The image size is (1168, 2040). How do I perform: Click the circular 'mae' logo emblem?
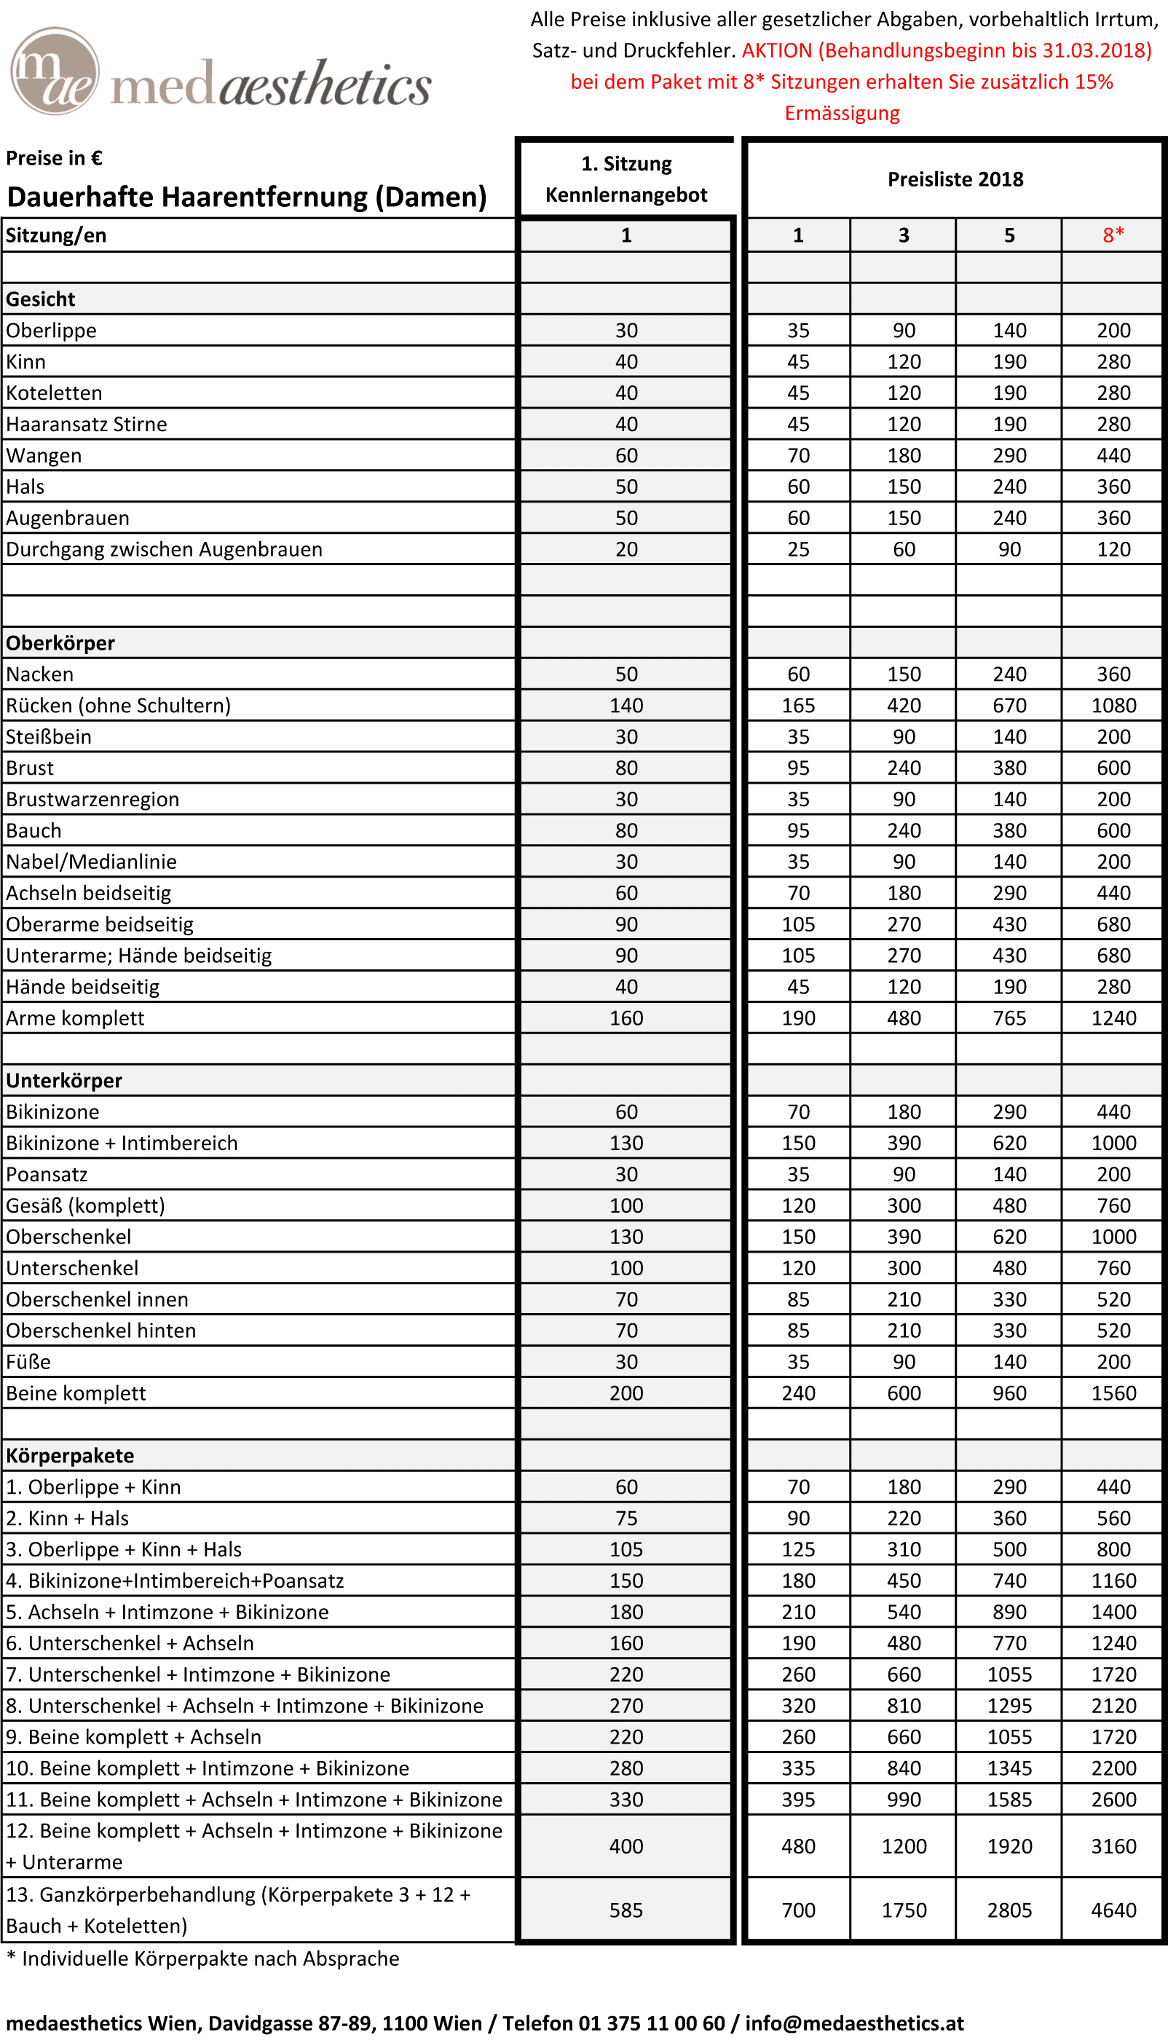pyautogui.click(x=55, y=71)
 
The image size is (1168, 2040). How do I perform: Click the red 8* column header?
pyautogui.click(x=1113, y=235)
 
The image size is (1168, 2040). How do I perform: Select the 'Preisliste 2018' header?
pyautogui.click(x=955, y=179)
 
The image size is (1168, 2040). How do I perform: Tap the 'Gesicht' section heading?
pyautogui.click(x=40, y=299)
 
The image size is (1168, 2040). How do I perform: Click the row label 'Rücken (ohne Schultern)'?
pyautogui.click(x=118, y=705)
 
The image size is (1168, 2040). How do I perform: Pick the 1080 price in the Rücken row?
pyautogui.click(x=1113, y=705)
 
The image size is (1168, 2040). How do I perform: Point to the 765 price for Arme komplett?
pyautogui.click(x=1009, y=1018)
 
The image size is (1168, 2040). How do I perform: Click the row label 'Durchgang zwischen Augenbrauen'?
pyautogui.click(x=164, y=549)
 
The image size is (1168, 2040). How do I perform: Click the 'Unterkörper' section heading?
pyautogui.click(x=64, y=1081)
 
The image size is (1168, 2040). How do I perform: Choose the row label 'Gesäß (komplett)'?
pyautogui.click(x=85, y=1205)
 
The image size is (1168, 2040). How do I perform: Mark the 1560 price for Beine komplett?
pyautogui.click(x=1113, y=1393)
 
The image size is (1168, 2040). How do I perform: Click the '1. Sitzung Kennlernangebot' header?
pyautogui.click(x=626, y=179)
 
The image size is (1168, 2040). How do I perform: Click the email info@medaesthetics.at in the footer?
pyautogui.click(x=854, y=2023)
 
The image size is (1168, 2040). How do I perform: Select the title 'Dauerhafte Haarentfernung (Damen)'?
pyautogui.click(x=246, y=197)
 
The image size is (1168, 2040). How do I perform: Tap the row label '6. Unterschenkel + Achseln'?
pyautogui.click(x=129, y=1644)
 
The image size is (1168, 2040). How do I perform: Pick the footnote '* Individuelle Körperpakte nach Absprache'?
pyautogui.click(x=202, y=1958)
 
